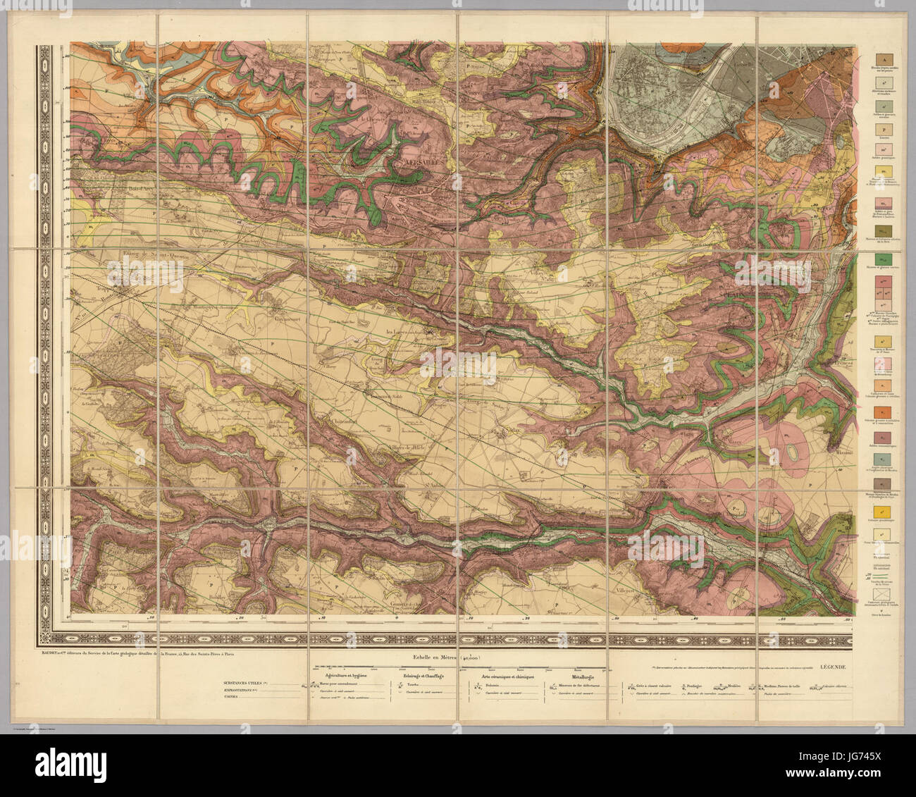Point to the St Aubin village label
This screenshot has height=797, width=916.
click(438, 484)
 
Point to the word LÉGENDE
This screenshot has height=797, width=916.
click(837, 666)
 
